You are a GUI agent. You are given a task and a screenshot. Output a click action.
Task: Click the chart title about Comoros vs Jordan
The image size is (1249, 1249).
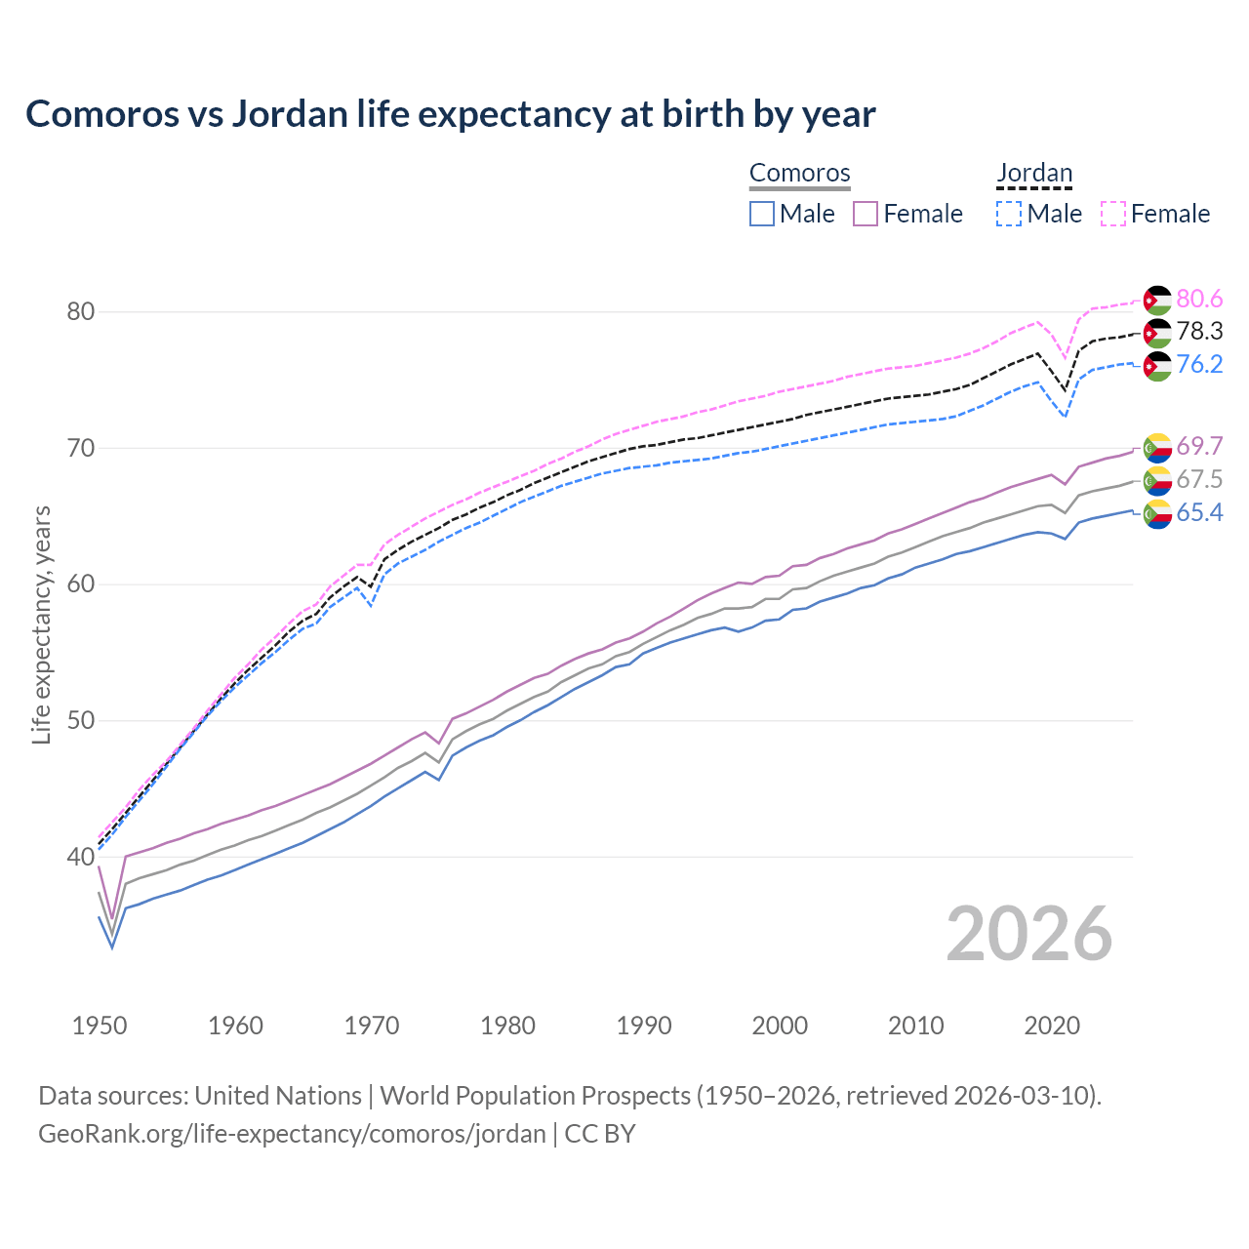coord(450,114)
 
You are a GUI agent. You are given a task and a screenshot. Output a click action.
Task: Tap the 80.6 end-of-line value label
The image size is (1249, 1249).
coord(1199,299)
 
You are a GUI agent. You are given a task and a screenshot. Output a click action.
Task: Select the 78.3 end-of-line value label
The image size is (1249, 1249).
coord(1199,332)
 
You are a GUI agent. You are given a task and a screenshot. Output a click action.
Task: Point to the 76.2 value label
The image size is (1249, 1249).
coord(1199,365)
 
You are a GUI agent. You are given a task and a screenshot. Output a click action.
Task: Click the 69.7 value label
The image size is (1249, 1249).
coord(1199,447)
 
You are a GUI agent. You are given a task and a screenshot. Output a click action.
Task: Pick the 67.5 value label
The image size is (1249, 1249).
coord(1199,479)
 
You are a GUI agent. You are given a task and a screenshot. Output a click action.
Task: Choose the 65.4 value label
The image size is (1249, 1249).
coord(1199,513)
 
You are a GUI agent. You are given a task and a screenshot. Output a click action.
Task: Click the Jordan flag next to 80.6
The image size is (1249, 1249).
coord(1157,300)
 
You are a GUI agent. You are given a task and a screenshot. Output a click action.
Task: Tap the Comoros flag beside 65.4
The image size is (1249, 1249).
coord(1157,513)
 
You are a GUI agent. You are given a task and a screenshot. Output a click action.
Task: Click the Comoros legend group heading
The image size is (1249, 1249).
coord(799,173)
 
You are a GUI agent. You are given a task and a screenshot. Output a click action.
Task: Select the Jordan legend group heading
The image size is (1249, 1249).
coord(1034,173)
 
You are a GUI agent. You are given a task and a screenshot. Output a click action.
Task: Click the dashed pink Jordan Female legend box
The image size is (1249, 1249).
coord(1112,214)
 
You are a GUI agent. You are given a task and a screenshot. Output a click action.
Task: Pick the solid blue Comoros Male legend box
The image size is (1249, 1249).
coord(762,214)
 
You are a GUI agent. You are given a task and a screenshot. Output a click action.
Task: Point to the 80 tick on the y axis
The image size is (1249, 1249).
coord(80,312)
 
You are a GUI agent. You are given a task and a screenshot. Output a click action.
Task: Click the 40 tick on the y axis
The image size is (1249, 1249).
coord(80,858)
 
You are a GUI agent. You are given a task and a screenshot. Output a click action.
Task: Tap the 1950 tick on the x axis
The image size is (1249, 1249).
coord(100,1026)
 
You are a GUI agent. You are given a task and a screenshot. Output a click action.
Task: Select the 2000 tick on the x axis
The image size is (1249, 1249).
coord(780,1026)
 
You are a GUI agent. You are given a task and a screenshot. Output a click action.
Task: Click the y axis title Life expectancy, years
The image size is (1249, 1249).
coord(42,624)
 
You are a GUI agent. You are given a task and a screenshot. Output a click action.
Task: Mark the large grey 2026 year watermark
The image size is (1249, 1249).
coord(1028,934)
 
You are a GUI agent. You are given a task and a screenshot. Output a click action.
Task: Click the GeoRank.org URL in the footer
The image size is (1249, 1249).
coord(292,1134)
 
